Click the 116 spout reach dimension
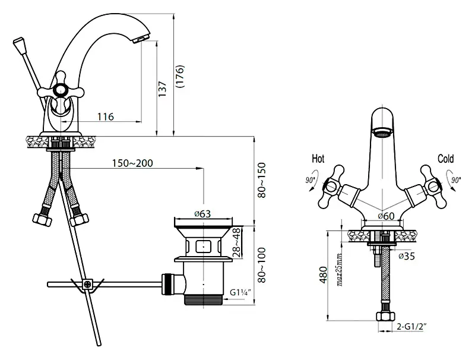pyautogui.click(x=106, y=116)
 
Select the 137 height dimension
pyautogui.click(x=162, y=89)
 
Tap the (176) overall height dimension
pyautogui.click(x=180, y=77)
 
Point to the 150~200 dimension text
pyautogui.click(x=132, y=163)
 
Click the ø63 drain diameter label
pyautogui.click(x=202, y=214)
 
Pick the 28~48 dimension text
pyautogui.click(x=237, y=243)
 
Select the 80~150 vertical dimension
pyautogui.click(x=261, y=181)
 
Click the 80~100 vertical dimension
pyautogui.click(x=261, y=265)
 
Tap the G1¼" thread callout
pyautogui.click(x=240, y=292)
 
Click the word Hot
pyautogui.click(x=318, y=159)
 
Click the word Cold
pyautogui.click(x=446, y=159)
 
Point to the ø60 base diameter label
pyautogui.click(x=387, y=216)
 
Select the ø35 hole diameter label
pyautogui.click(x=407, y=256)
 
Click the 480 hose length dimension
pyautogui.click(x=324, y=274)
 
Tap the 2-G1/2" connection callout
pyautogui.click(x=411, y=326)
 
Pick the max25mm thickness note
pyautogui.click(x=339, y=270)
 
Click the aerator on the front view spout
pyautogui.click(x=382, y=132)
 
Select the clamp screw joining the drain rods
pyautogui.click(x=87, y=285)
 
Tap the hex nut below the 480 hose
pyautogui.click(x=385, y=317)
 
